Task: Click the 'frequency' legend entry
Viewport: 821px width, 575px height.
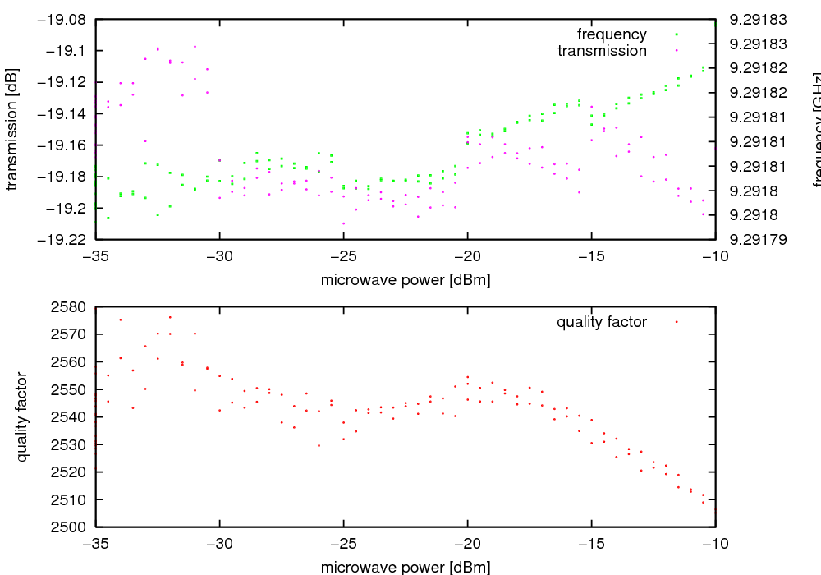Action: (612, 34)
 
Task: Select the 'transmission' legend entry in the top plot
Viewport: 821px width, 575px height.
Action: (602, 51)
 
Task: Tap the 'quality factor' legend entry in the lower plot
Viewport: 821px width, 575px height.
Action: (601, 322)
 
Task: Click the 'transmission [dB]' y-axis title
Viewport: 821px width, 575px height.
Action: (11, 129)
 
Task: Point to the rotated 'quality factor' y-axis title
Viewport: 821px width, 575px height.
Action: (22, 416)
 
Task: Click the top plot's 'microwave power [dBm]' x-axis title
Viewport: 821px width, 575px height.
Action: (406, 280)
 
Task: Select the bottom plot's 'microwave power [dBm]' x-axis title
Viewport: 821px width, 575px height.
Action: (406, 567)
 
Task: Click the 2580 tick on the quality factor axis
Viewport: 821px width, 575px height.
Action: (69, 307)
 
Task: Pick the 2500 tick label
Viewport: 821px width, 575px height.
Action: (69, 527)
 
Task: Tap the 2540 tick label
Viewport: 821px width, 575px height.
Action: (69, 417)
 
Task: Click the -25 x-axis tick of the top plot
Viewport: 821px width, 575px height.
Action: (344, 256)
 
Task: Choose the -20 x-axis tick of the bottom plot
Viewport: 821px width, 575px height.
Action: (468, 544)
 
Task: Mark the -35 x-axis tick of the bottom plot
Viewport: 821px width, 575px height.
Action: (96, 544)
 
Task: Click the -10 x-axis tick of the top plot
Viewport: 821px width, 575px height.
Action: (716, 256)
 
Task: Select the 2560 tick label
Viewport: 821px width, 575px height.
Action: (69, 362)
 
